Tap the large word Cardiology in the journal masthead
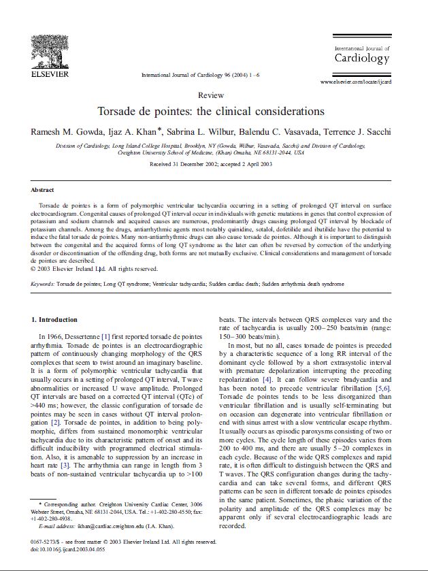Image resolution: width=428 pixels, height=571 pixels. (361, 59)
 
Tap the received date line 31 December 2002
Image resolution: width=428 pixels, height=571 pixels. (210, 164)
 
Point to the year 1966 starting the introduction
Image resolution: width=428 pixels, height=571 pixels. (54, 336)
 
